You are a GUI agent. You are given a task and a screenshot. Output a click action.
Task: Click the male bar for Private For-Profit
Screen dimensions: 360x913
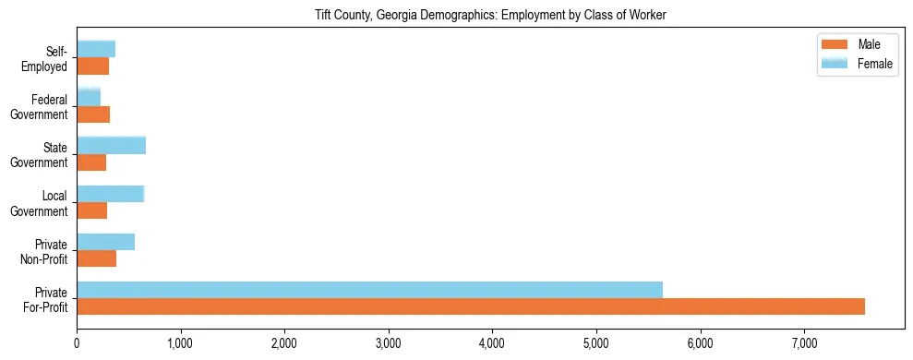tap(471, 306)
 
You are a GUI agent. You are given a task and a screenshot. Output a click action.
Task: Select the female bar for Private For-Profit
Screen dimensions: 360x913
tap(369, 289)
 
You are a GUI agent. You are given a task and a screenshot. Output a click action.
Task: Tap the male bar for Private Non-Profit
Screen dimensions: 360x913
tap(96, 258)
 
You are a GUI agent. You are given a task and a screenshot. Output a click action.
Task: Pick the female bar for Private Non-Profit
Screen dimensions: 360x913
tap(105, 242)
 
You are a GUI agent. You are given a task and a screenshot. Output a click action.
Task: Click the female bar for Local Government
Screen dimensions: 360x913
tap(110, 194)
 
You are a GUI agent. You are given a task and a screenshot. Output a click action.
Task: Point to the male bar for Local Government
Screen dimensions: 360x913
tap(91, 210)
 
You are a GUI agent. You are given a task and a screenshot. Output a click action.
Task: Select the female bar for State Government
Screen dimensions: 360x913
tap(111, 145)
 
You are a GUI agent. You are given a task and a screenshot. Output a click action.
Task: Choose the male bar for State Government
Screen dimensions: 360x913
tap(91, 162)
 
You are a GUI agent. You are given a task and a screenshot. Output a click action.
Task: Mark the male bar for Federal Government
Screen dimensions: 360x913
tap(93, 114)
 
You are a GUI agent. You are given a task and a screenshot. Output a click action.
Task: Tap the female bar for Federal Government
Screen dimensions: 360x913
tap(89, 97)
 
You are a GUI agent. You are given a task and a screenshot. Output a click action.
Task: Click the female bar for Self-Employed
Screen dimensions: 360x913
tap(96, 49)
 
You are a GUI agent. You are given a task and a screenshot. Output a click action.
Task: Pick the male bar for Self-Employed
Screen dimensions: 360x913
tap(92, 66)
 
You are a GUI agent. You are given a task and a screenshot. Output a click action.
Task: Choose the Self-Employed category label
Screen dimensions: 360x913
tap(51, 58)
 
